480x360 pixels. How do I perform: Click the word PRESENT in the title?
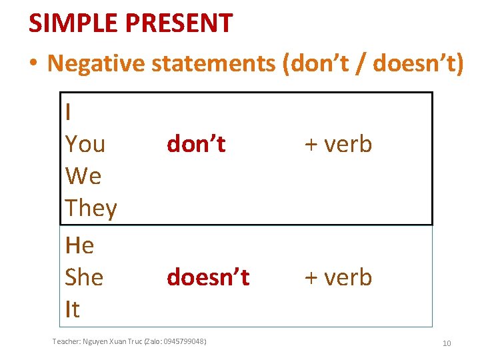point(180,23)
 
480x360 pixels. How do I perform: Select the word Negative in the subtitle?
point(97,63)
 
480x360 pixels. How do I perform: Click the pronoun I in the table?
point(69,112)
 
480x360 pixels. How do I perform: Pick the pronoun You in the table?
point(85,144)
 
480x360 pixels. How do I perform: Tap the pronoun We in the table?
point(83,176)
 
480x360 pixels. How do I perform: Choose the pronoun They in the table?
point(91,209)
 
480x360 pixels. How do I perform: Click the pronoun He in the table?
point(79,245)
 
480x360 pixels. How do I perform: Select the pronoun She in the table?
point(84,277)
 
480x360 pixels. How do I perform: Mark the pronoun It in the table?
point(72,309)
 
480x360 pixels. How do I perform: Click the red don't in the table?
point(196,144)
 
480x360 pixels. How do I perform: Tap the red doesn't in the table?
point(208,277)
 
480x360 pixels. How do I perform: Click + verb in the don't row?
point(338,144)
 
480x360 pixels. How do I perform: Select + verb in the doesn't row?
point(338,277)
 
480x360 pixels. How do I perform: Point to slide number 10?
point(447,343)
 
